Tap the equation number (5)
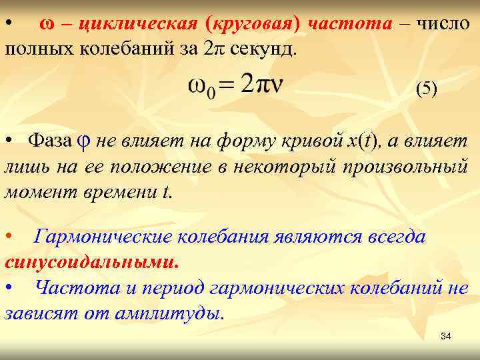click(427, 88)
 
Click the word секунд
click(263, 49)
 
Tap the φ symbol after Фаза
click(83, 142)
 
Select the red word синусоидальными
click(91, 261)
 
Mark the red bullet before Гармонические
click(9, 237)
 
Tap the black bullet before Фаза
click(9, 142)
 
